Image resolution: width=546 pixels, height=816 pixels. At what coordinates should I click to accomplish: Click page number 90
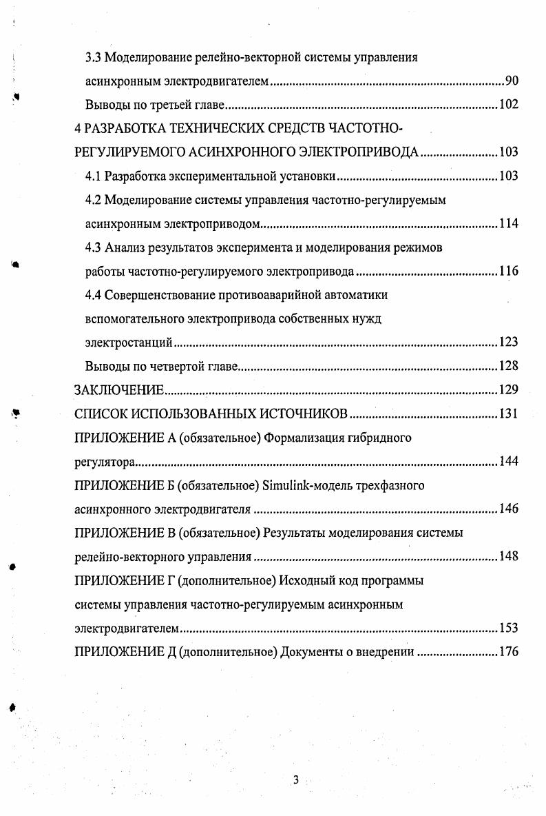(512, 81)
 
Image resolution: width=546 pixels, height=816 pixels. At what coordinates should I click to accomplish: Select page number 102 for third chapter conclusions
(508, 105)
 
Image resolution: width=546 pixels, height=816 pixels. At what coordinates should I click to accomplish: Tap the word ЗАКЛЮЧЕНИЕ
(118, 390)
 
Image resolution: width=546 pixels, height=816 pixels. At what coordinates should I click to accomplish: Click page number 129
(508, 390)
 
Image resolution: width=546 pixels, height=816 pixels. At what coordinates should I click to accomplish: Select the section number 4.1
(94, 176)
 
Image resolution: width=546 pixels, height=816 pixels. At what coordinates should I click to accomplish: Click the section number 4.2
(94, 200)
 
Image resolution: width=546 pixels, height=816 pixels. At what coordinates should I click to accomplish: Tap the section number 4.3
(94, 247)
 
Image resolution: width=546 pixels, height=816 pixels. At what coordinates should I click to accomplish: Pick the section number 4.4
(94, 295)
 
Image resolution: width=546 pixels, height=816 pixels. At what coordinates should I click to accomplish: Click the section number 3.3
(94, 58)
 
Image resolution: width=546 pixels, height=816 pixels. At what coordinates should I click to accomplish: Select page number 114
(508, 224)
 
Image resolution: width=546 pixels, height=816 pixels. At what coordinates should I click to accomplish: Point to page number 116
(508, 272)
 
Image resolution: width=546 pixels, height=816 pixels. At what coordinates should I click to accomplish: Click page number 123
(508, 343)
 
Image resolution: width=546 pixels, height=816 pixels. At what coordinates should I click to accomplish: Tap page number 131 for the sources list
(508, 414)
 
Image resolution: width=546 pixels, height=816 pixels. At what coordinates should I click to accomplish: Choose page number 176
(508, 652)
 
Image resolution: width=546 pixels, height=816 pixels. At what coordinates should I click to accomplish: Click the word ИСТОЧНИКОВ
(303, 414)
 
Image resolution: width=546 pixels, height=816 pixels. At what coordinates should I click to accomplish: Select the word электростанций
(128, 343)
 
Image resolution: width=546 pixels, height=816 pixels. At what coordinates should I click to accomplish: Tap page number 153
(508, 629)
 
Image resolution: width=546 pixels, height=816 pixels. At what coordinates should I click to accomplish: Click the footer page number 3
(295, 780)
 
